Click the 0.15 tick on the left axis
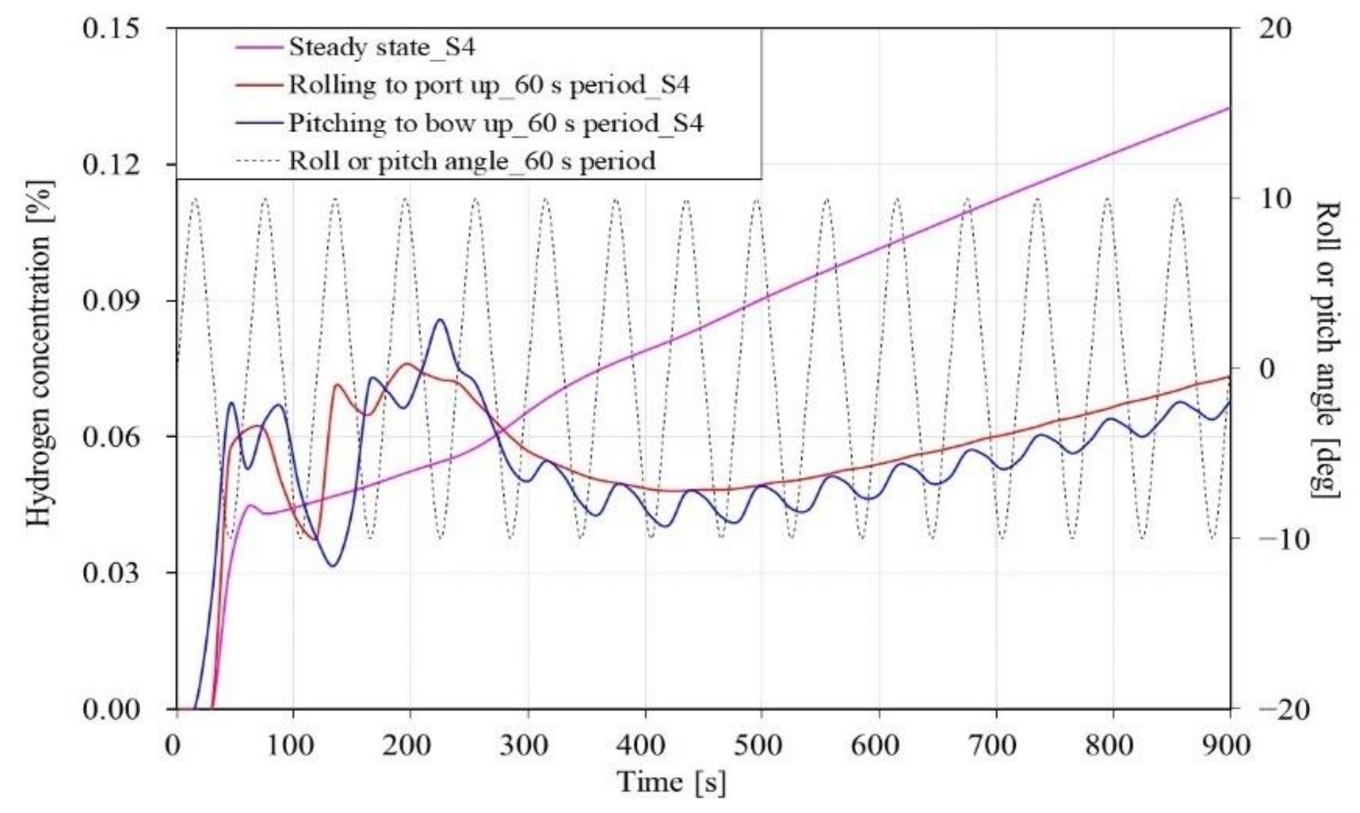[x=112, y=29]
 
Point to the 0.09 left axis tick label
[x=112, y=301]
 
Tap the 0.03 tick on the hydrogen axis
[x=112, y=573]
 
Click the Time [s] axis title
[x=671, y=782]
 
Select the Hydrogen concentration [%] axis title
[x=39, y=354]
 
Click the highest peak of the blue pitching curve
[x=440, y=320]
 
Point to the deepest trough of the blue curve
[x=333, y=566]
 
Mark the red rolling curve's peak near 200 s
[x=408, y=364]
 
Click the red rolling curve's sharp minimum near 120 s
[x=315, y=539]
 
